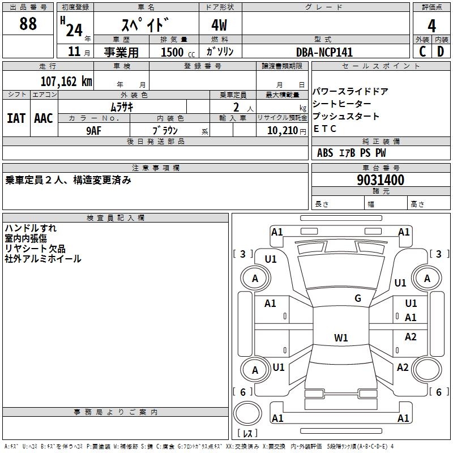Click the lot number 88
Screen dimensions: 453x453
tap(28, 24)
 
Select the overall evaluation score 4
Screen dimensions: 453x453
tap(431, 25)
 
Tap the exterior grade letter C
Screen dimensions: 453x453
tap(422, 51)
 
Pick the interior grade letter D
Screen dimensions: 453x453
tap(441, 51)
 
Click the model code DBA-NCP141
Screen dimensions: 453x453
tap(324, 52)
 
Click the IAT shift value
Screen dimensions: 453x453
tap(16, 118)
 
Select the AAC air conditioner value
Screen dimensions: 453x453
tap(44, 118)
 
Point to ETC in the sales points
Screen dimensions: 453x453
tap(325, 129)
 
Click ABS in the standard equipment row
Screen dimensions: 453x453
tap(325, 153)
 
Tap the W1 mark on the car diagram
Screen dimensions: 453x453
tap(341, 338)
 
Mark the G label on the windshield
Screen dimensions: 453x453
tap(357, 298)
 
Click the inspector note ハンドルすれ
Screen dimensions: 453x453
tap(31, 228)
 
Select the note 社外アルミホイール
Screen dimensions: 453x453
tap(43, 259)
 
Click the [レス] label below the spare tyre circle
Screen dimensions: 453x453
tap(248, 434)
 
